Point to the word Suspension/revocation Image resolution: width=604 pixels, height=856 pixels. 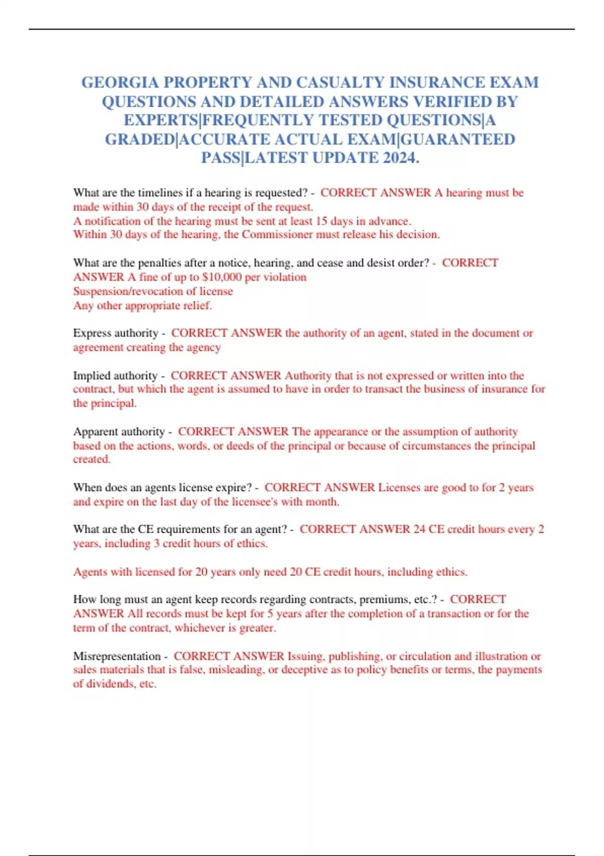[128, 291]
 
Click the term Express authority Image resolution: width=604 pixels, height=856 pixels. [115, 333]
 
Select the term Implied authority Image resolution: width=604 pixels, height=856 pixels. [115, 376]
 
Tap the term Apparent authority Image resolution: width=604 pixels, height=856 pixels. [119, 432]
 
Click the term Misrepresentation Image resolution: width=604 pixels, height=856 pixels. [117, 656]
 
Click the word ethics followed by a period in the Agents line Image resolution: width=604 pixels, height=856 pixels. [451, 572]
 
